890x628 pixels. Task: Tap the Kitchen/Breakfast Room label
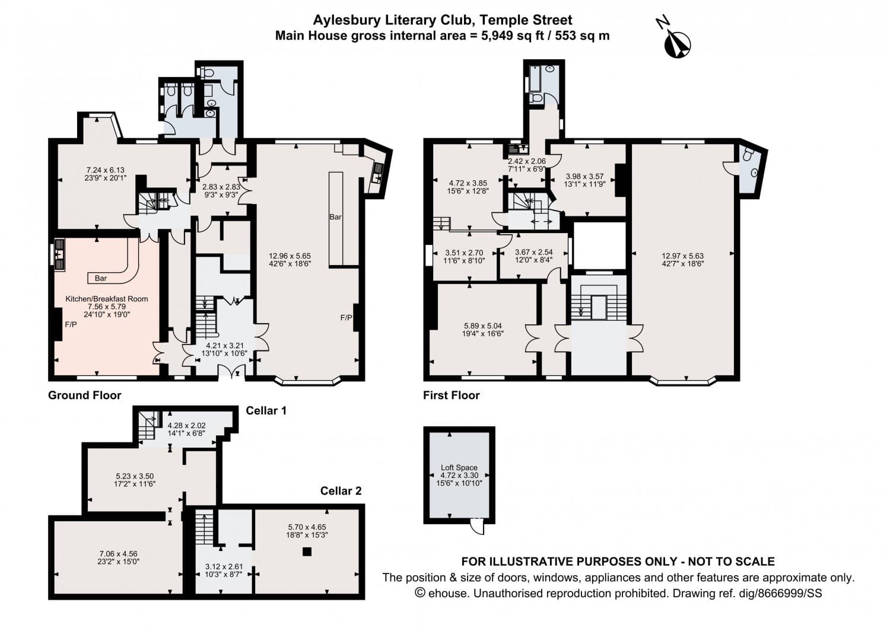point(106,299)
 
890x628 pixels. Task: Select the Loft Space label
point(459,467)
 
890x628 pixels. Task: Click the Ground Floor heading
point(85,395)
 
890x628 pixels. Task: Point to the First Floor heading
point(452,395)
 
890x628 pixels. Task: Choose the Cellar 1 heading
point(266,410)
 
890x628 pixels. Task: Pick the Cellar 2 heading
point(341,491)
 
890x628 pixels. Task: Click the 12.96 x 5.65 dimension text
point(290,256)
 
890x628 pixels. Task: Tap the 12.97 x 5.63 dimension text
point(682,256)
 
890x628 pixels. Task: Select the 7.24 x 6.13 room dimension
point(105,170)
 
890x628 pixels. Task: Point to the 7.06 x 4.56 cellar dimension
point(119,554)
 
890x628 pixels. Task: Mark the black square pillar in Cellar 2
point(306,552)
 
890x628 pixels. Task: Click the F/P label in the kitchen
point(71,324)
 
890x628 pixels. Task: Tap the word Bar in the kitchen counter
point(100,278)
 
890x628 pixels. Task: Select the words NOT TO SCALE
point(732,561)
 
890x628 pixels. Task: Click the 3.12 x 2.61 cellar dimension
point(224,567)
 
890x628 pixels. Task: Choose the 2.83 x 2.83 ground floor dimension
point(221,187)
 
